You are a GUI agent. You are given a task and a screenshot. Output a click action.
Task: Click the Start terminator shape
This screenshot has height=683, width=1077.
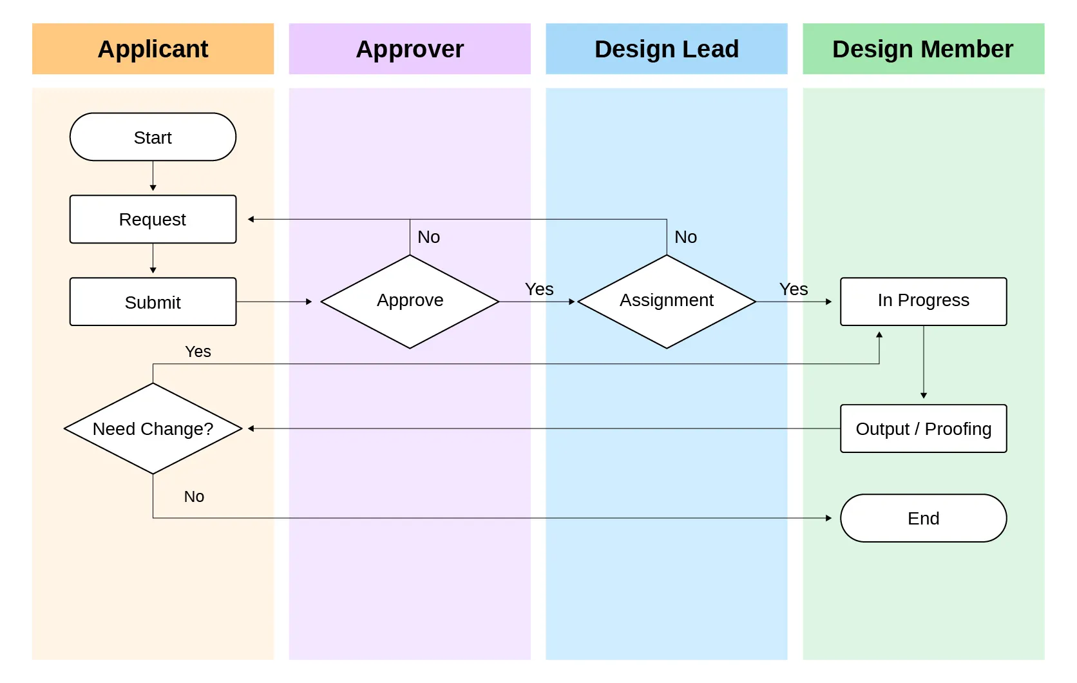point(153,137)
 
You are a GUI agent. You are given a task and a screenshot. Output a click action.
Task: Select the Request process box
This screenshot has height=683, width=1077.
point(153,220)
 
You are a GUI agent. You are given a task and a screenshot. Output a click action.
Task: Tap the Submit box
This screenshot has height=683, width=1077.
point(153,302)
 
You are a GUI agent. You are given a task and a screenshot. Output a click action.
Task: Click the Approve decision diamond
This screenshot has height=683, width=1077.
point(410,301)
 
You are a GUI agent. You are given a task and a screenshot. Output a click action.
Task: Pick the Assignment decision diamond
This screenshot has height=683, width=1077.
point(666,301)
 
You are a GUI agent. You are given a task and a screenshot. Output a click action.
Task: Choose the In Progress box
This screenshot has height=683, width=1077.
point(922,301)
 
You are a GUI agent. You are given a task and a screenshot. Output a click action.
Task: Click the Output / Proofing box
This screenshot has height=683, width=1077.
point(922,428)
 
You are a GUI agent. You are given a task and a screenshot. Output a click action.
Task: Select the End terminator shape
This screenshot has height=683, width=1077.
point(922,518)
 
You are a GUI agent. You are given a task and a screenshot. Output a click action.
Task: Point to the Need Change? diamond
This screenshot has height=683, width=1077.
point(153,428)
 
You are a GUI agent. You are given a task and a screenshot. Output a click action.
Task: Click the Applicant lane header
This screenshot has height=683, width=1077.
point(153,49)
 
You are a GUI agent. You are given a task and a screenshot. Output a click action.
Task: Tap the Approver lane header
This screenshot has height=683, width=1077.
point(410,49)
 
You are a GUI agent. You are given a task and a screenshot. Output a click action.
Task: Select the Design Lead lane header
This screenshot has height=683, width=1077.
point(666,49)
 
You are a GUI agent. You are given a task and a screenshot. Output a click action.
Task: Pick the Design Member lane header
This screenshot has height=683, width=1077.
point(922,49)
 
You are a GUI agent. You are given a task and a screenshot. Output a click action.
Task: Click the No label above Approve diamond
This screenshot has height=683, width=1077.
point(428,237)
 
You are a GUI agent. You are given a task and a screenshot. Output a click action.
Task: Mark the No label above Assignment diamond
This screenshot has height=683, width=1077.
point(685,237)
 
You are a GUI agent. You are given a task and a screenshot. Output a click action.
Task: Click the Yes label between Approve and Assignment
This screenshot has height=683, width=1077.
point(538,289)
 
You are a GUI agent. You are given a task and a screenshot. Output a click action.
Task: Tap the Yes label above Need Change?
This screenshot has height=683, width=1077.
point(198,352)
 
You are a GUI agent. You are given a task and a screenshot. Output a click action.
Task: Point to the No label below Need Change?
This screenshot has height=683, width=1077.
point(194,497)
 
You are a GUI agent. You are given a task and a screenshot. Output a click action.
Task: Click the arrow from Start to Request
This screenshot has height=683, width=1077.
point(153,176)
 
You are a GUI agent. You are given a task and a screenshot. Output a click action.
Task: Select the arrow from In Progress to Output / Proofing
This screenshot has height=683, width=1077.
point(923,362)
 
